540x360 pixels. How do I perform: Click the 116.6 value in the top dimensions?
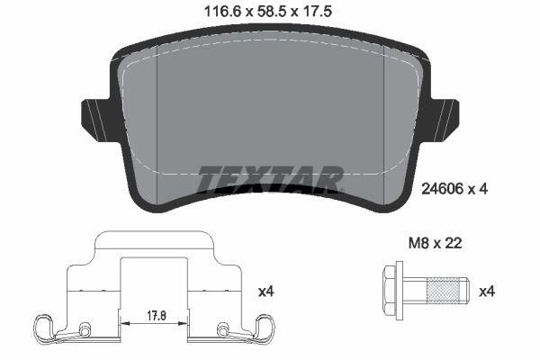222,12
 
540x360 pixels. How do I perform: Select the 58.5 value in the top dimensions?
270,12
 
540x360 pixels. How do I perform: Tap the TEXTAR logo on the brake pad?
271,179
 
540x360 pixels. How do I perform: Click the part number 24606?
443,189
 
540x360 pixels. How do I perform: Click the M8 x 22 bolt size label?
436,244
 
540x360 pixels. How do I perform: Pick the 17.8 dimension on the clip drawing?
157,316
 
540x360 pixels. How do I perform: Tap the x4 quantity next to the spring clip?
265,292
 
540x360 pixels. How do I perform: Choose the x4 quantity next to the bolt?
487,292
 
